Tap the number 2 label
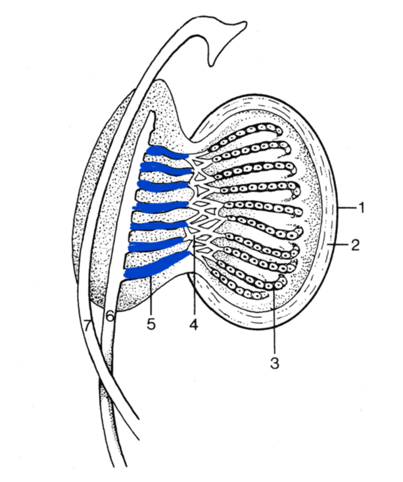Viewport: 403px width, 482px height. (355, 246)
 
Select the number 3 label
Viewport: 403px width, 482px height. (275, 363)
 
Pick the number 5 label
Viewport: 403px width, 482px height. (152, 325)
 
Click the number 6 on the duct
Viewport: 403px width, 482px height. (110, 317)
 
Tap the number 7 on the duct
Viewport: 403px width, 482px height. (87, 324)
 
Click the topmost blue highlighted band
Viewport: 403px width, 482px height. (166, 153)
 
